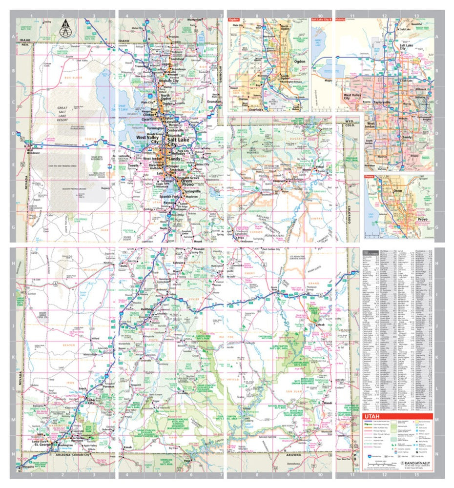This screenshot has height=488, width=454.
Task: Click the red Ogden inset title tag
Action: click(x=234, y=20)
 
